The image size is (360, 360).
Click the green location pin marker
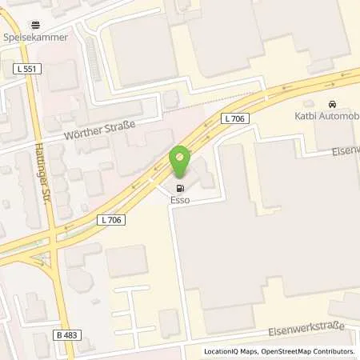coord(182,161)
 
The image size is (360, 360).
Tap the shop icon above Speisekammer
coord(34,25)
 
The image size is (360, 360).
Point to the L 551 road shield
coord(27,70)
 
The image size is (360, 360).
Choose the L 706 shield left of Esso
coord(113,219)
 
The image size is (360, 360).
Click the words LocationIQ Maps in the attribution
coord(230,351)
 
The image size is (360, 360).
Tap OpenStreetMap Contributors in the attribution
coord(307,351)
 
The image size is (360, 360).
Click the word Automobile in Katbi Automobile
coord(343,116)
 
